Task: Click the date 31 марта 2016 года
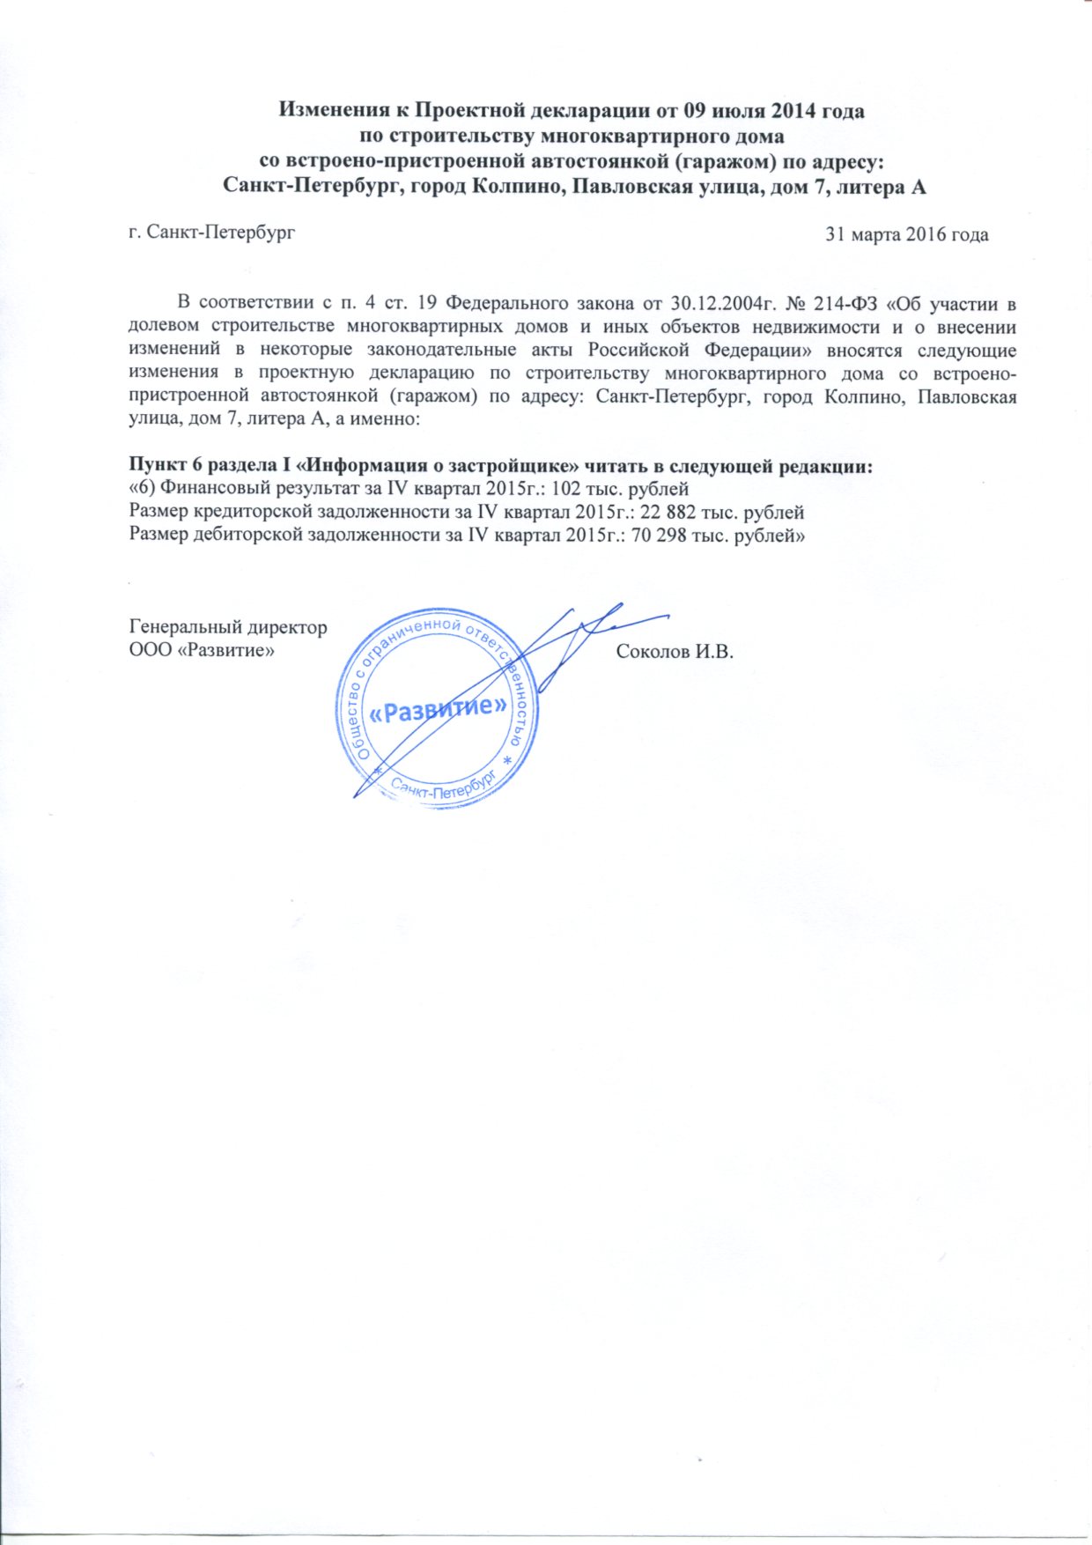(905, 235)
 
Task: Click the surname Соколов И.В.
(675, 652)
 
